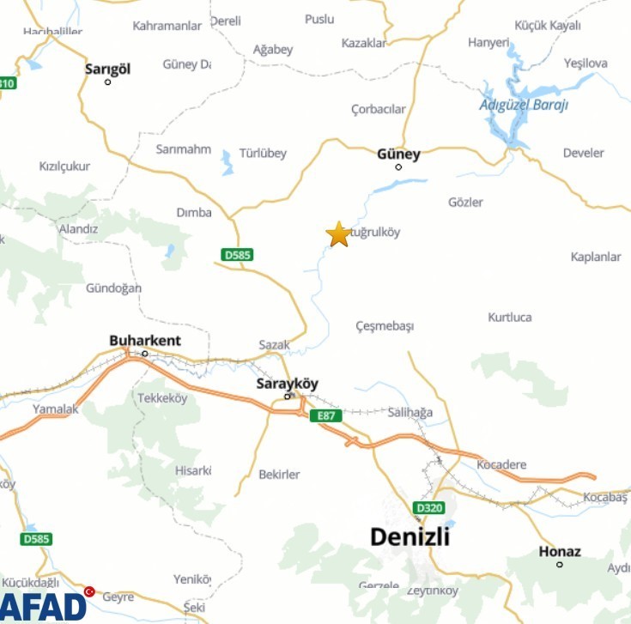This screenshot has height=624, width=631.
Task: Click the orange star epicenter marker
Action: pyautogui.click(x=338, y=233)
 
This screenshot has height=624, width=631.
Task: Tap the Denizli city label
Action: pyautogui.click(x=410, y=537)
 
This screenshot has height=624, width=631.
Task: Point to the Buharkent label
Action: pyautogui.click(x=145, y=341)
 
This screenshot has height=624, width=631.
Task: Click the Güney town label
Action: pyautogui.click(x=399, y=154)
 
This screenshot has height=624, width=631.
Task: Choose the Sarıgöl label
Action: pyautogui.click(x=108, y=70)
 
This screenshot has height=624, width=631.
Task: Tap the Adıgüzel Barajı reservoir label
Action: pyautogui.click(x=524, y=105)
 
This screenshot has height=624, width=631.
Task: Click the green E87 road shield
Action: pyautogui.click(x=325, y=415)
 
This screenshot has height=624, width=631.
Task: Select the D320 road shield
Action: pyautogui.click(x=429, y=507)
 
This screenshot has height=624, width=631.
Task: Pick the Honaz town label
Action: pyautogui.click(x=560, y=552)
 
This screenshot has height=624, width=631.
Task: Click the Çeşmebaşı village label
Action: pyautogui.click(x=385, y=327)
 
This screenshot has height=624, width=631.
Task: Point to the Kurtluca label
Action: pyautogui.click(x=510, y=318)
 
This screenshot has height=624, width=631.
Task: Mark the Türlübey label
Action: pyautogui.click(x=263, y=154)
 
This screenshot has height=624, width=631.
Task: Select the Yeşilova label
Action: pyautogui.click(x=585, y=64)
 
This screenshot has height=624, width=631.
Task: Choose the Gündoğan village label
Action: pyautogui.click(x=113, y=288)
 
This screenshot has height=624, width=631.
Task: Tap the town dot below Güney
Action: pyautogui.click(x=398, y=167)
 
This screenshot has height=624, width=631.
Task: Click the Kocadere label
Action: pyautogui.click(x=502, y=465)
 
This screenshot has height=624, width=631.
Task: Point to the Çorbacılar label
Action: pyautogui.click(x=378, y=109)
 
